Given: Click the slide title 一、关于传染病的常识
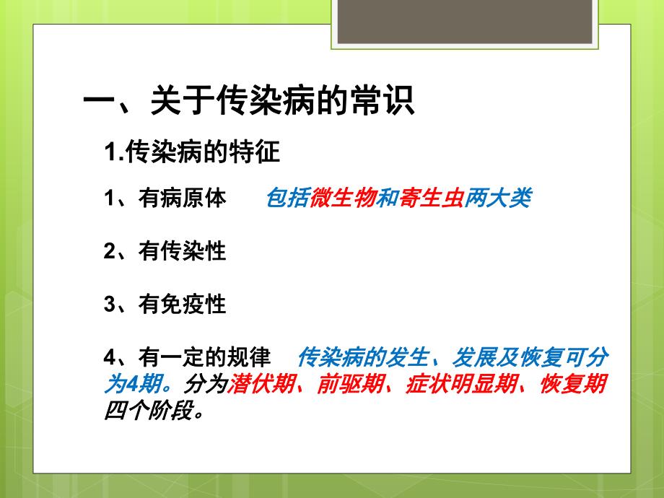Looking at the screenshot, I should click(249, 101).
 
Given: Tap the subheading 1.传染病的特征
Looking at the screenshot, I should click(192, 152).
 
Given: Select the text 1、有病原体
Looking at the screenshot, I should click(165, 198).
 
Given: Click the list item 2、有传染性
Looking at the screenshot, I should click(165, 251).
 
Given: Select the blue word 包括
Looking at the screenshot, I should click(288, 198).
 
